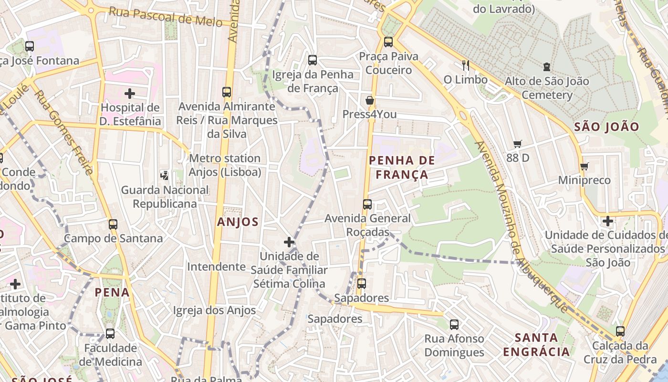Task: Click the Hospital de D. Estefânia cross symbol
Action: (129, 94)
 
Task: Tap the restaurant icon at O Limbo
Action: (466, 65)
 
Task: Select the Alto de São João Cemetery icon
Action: (547, 67)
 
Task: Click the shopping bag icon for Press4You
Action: (369, 100)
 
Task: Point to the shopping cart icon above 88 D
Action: (518, 144)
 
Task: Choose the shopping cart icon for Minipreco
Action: (584, 166)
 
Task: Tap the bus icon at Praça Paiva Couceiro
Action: (388, 42)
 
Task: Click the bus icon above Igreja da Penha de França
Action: (313, 60)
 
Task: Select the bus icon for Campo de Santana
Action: (113, 224)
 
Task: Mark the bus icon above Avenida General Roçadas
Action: (367, 204)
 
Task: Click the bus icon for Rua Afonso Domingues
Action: (454, 325)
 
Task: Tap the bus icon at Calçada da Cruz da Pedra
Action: (620, 331)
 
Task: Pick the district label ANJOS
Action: (238, 222)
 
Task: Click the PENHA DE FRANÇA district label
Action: (402, 167)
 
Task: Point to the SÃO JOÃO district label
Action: (606, 127)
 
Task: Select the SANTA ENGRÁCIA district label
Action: (536, 345)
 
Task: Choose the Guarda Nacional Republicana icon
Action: (165, 176)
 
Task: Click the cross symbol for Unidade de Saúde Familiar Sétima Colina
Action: (289, 242)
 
